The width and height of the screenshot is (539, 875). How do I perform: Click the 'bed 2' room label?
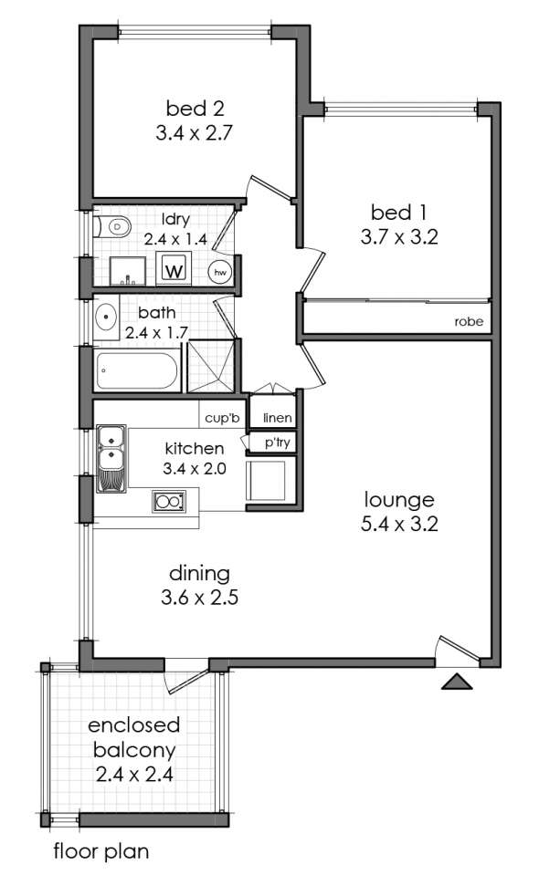tap(195, 108)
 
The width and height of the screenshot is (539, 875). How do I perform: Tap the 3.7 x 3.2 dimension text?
tap(399, 237)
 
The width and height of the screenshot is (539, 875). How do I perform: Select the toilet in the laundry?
tap(112, 226)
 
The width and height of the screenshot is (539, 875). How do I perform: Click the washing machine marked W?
tap(174, 268)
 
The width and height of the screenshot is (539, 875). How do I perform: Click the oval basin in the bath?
tap(105, 317)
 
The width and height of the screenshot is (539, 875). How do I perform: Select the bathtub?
tap(137, 370)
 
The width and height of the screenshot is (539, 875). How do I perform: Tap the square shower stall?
tap(210, 366)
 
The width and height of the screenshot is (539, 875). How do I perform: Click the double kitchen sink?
tap(111, 459)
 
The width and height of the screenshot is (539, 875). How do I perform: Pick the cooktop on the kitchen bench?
tap(169, 501)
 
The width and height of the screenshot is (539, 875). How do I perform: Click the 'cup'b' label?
tap(222, 417)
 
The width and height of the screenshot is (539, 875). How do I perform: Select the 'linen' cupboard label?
tap(277, 417)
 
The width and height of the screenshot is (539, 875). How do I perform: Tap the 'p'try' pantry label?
tap(277, 443)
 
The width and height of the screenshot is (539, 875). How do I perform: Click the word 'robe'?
tap(469, 322)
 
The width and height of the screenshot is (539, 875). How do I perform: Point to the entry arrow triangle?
tap(457, 682)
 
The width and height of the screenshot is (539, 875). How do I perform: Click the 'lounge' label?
tap(399, 500)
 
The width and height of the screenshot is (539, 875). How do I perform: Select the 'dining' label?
tap(199, 573)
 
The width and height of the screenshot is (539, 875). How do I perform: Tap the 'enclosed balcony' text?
tap(134, 738)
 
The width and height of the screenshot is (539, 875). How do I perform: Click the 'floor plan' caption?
tap(101, 851)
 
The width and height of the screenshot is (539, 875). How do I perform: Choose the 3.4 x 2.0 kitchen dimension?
tap(195, 469)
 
